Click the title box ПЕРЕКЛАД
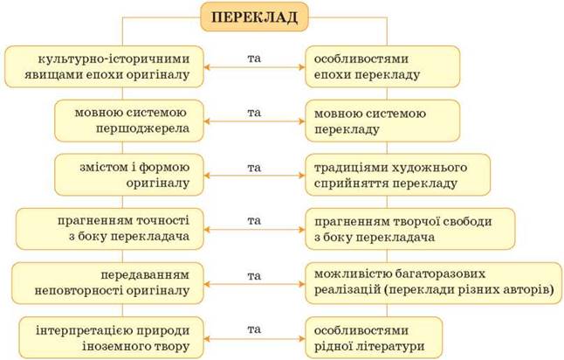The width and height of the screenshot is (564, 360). [x=253, y=17]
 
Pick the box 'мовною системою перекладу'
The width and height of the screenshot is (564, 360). [x=383, y=121]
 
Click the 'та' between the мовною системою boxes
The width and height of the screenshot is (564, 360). [x=254, y=112]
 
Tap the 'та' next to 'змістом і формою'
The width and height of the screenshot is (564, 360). [x=254, y=166]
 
